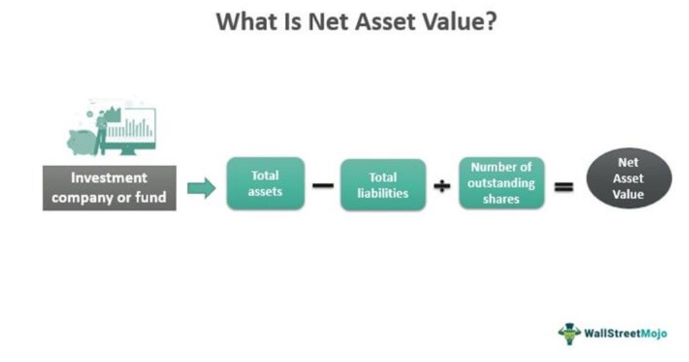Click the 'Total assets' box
(266, 183)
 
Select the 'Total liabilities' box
(383, 185)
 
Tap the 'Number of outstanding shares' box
(502, 183)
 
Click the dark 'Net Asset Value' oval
(629, 178)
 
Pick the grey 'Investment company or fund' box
(109, 188)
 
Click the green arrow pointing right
(201, 188)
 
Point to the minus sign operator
(323, 186)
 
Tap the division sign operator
(441, 186)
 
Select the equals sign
(564, 187)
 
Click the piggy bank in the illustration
(81, 142)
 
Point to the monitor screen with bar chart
(131, 128)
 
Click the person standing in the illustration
(101, 133)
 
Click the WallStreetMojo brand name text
(625, 333)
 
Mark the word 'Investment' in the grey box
(109, 178)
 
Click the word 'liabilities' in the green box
(383, 193)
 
